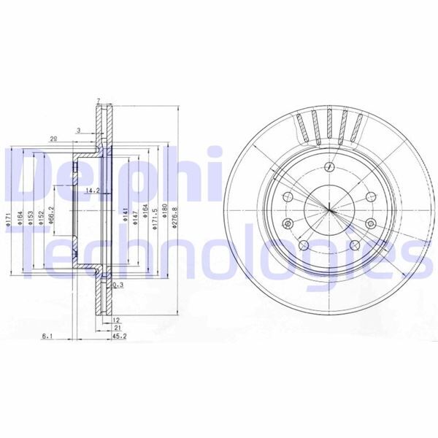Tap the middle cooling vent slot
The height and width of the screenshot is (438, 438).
pos(329,125)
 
